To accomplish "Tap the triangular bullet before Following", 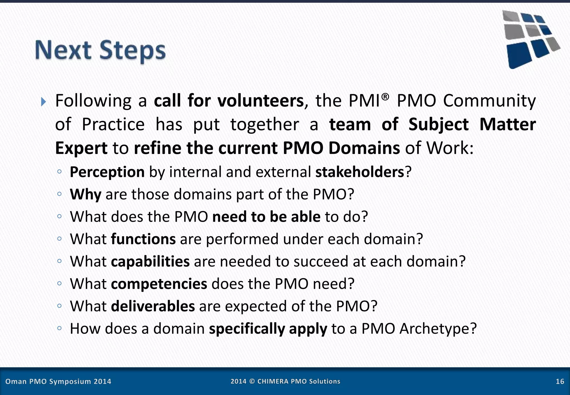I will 43,102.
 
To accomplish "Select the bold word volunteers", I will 261,101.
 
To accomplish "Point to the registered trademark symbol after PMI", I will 385,97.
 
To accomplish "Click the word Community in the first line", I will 489,101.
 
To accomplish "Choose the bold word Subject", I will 438,125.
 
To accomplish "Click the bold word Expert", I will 81,148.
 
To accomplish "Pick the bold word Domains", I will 364,148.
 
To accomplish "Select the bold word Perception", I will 107,172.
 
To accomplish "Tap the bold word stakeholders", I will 360,172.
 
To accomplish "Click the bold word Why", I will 85,194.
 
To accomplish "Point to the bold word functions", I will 143,239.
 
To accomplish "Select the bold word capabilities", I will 150,262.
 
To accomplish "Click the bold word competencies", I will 159,284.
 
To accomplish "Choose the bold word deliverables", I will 153,306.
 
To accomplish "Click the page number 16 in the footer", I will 560,382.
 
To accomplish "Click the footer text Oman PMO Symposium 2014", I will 58,382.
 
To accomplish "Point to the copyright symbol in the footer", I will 252,382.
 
